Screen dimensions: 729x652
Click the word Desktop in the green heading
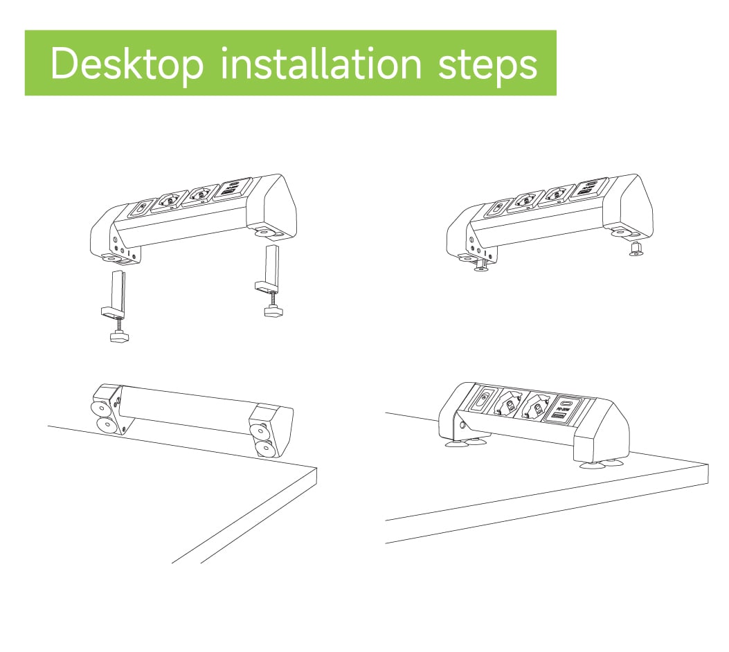tap(127, 64)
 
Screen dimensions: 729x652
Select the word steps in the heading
tap(487, 65)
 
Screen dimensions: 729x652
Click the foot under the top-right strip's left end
tap(481, 266)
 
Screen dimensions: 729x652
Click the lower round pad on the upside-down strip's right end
tap(264, 449)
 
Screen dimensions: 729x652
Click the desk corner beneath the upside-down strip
tap(316, 468)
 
